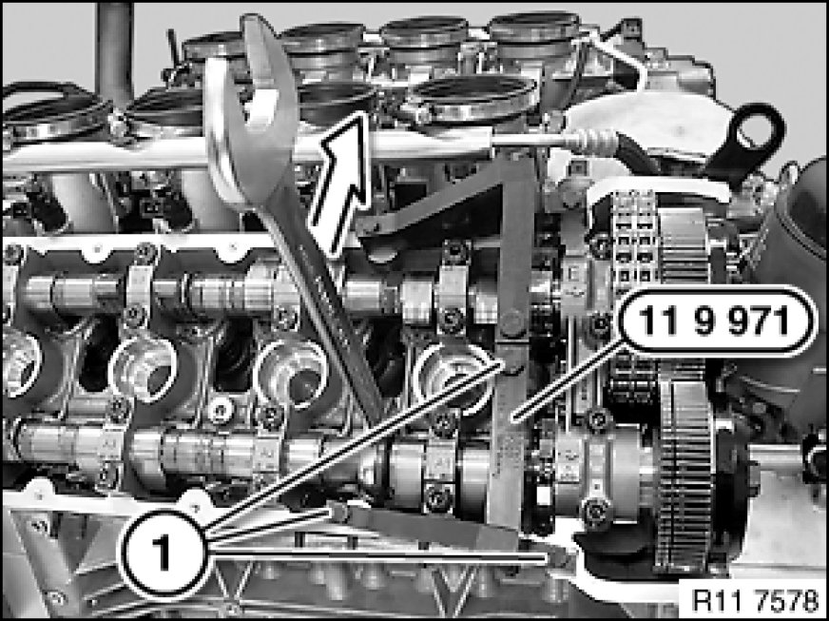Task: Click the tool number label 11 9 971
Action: (x=715, y=321)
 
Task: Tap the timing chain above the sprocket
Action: (x=633, y=238)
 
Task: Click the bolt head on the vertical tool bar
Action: (x=511, y=323)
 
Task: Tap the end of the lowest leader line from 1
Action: (x=547, y=557)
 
